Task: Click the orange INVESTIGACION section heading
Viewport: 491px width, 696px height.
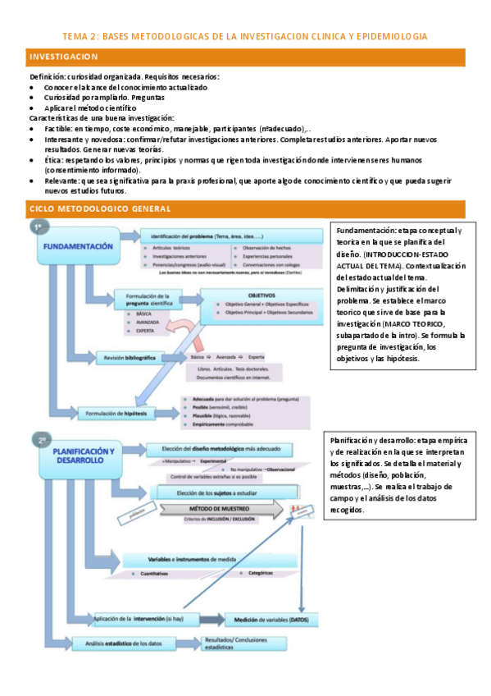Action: [x=63, y=57]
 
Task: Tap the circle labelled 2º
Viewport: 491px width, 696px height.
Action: [x=40, y=440]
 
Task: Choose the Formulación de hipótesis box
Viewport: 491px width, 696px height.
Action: [x=123, y=414]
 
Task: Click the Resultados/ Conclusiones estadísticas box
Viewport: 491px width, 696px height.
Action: [x=239, y=644]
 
